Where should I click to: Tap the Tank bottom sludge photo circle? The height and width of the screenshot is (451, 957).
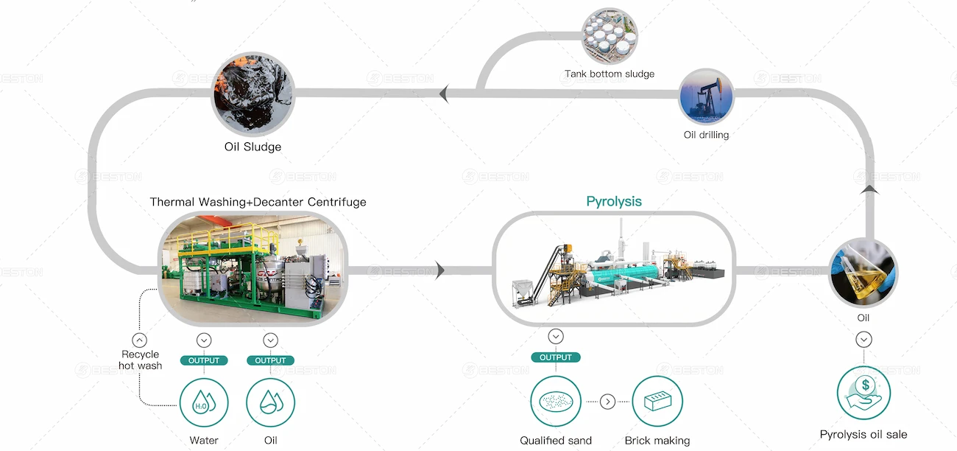tap(609, 35)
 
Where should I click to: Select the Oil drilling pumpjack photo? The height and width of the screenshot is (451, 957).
tap(706, 96)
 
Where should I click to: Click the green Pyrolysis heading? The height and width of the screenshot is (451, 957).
tap(614, 201)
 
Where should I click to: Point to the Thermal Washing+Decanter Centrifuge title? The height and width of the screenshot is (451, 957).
tap(258, 202)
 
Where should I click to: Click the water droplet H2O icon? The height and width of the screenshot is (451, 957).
tap(204, 402)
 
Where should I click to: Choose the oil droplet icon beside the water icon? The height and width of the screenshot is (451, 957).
tap(270, 402)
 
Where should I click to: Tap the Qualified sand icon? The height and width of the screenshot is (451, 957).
tap(556, 402)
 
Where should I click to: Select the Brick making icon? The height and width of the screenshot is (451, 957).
tap(657, 402)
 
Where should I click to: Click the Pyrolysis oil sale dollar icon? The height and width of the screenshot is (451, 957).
tap(864, 393)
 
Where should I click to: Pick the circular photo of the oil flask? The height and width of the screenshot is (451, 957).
tap(863, 273)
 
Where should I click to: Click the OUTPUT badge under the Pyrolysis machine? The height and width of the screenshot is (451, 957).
tap(556, 357)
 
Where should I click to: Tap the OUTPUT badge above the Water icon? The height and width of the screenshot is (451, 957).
tap(204, 360)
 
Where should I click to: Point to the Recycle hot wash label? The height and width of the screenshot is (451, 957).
tap(140, 360)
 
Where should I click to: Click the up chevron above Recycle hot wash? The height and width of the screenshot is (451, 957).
tap(139, 340)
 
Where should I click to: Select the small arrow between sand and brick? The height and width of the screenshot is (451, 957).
tap(607, 402)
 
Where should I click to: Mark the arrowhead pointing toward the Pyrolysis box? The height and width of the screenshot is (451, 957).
tap(440, 270)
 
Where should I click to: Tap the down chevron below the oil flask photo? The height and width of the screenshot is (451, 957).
tap(864, 340)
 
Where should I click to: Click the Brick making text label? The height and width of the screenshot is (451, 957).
tap(657, 441)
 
